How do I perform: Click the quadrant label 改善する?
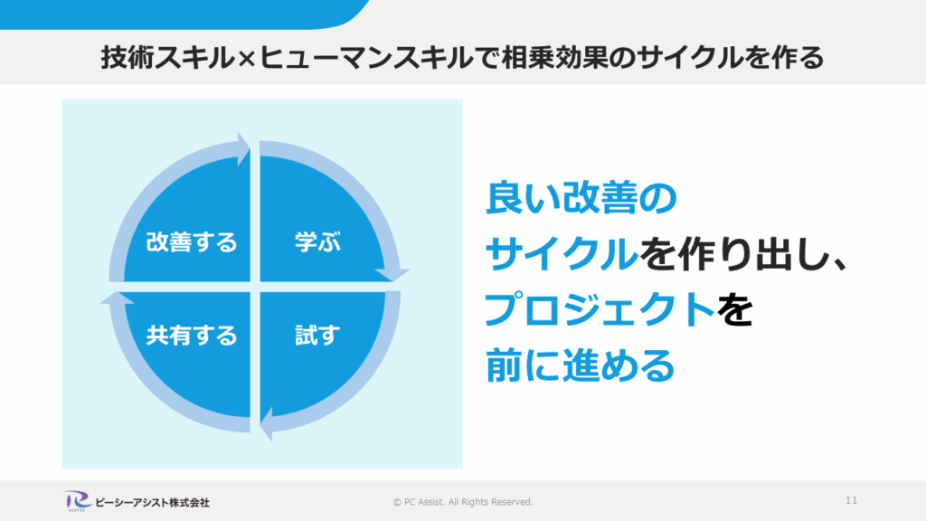[192, 242]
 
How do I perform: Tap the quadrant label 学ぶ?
[317, 242]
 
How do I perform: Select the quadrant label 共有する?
[192, 336]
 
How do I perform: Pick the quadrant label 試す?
[317, 336]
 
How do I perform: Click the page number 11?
[852, 500]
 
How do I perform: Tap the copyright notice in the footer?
[463, 502]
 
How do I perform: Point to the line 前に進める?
[581, 366]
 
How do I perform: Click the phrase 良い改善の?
[581, 199]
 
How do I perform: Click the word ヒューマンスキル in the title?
[353, 59]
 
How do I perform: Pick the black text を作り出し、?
[743, 255]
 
